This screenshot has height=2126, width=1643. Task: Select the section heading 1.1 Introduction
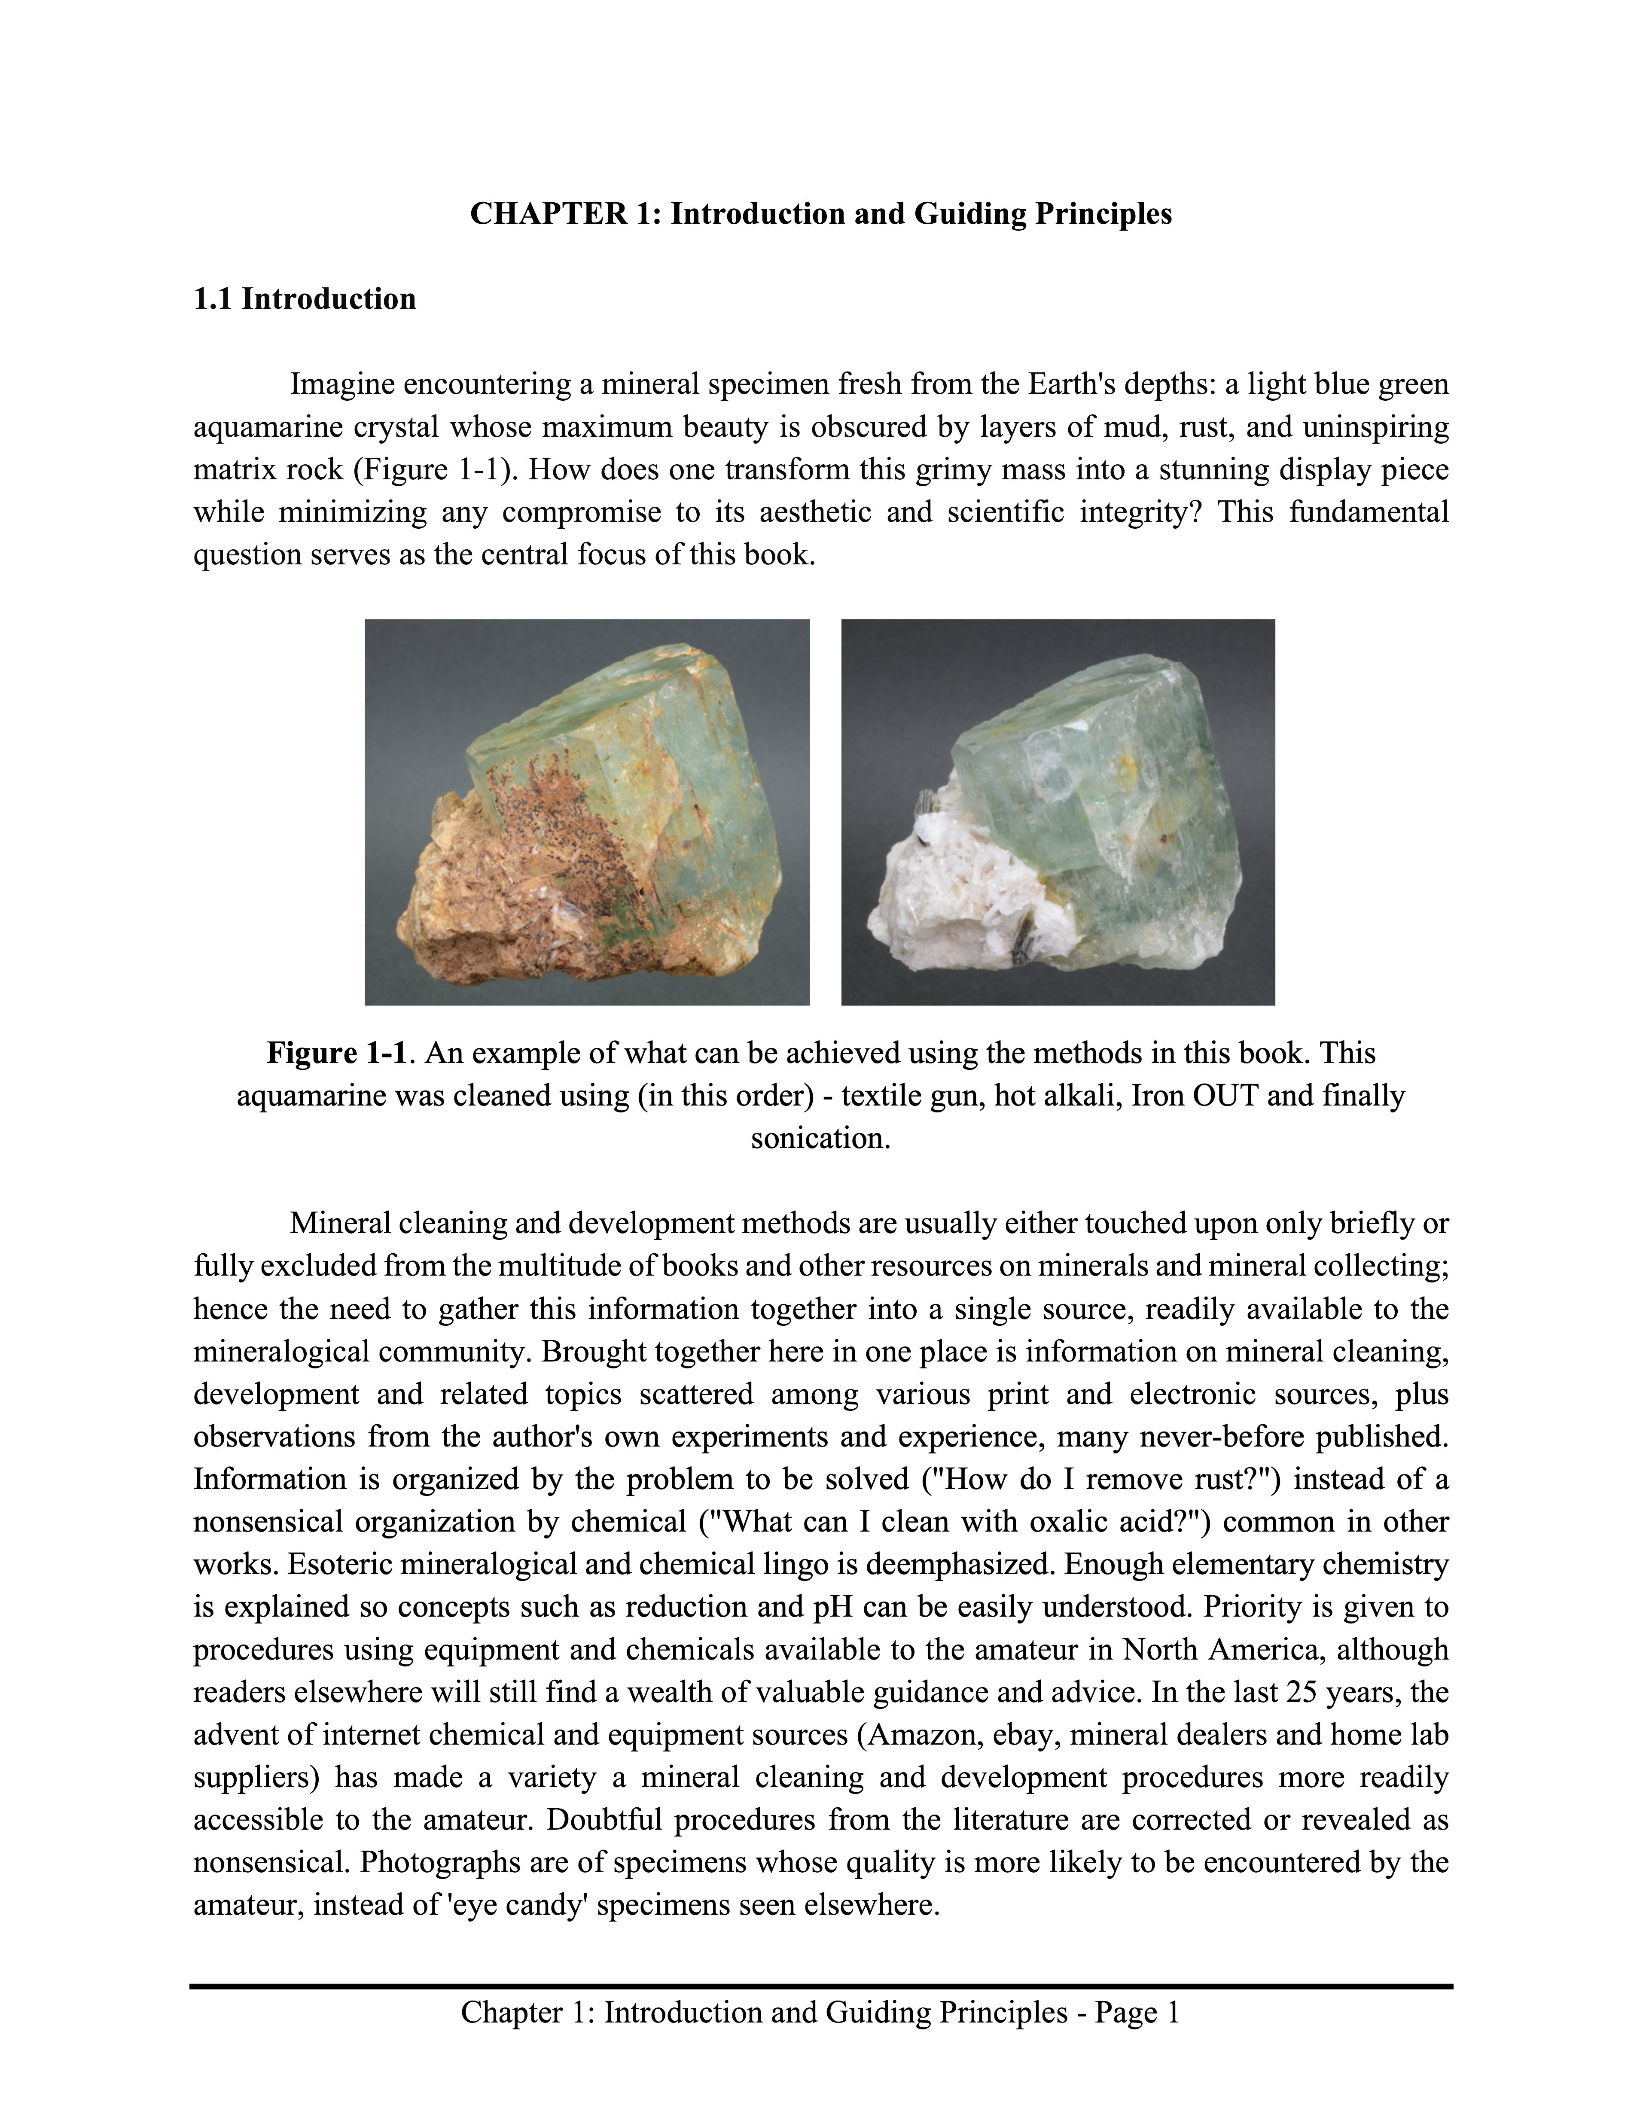(305, 299)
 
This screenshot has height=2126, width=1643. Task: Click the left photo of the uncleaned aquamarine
(587, 812)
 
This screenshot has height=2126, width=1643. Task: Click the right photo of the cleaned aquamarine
(1058, 812)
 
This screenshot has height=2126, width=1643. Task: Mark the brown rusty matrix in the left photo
(487, 925)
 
